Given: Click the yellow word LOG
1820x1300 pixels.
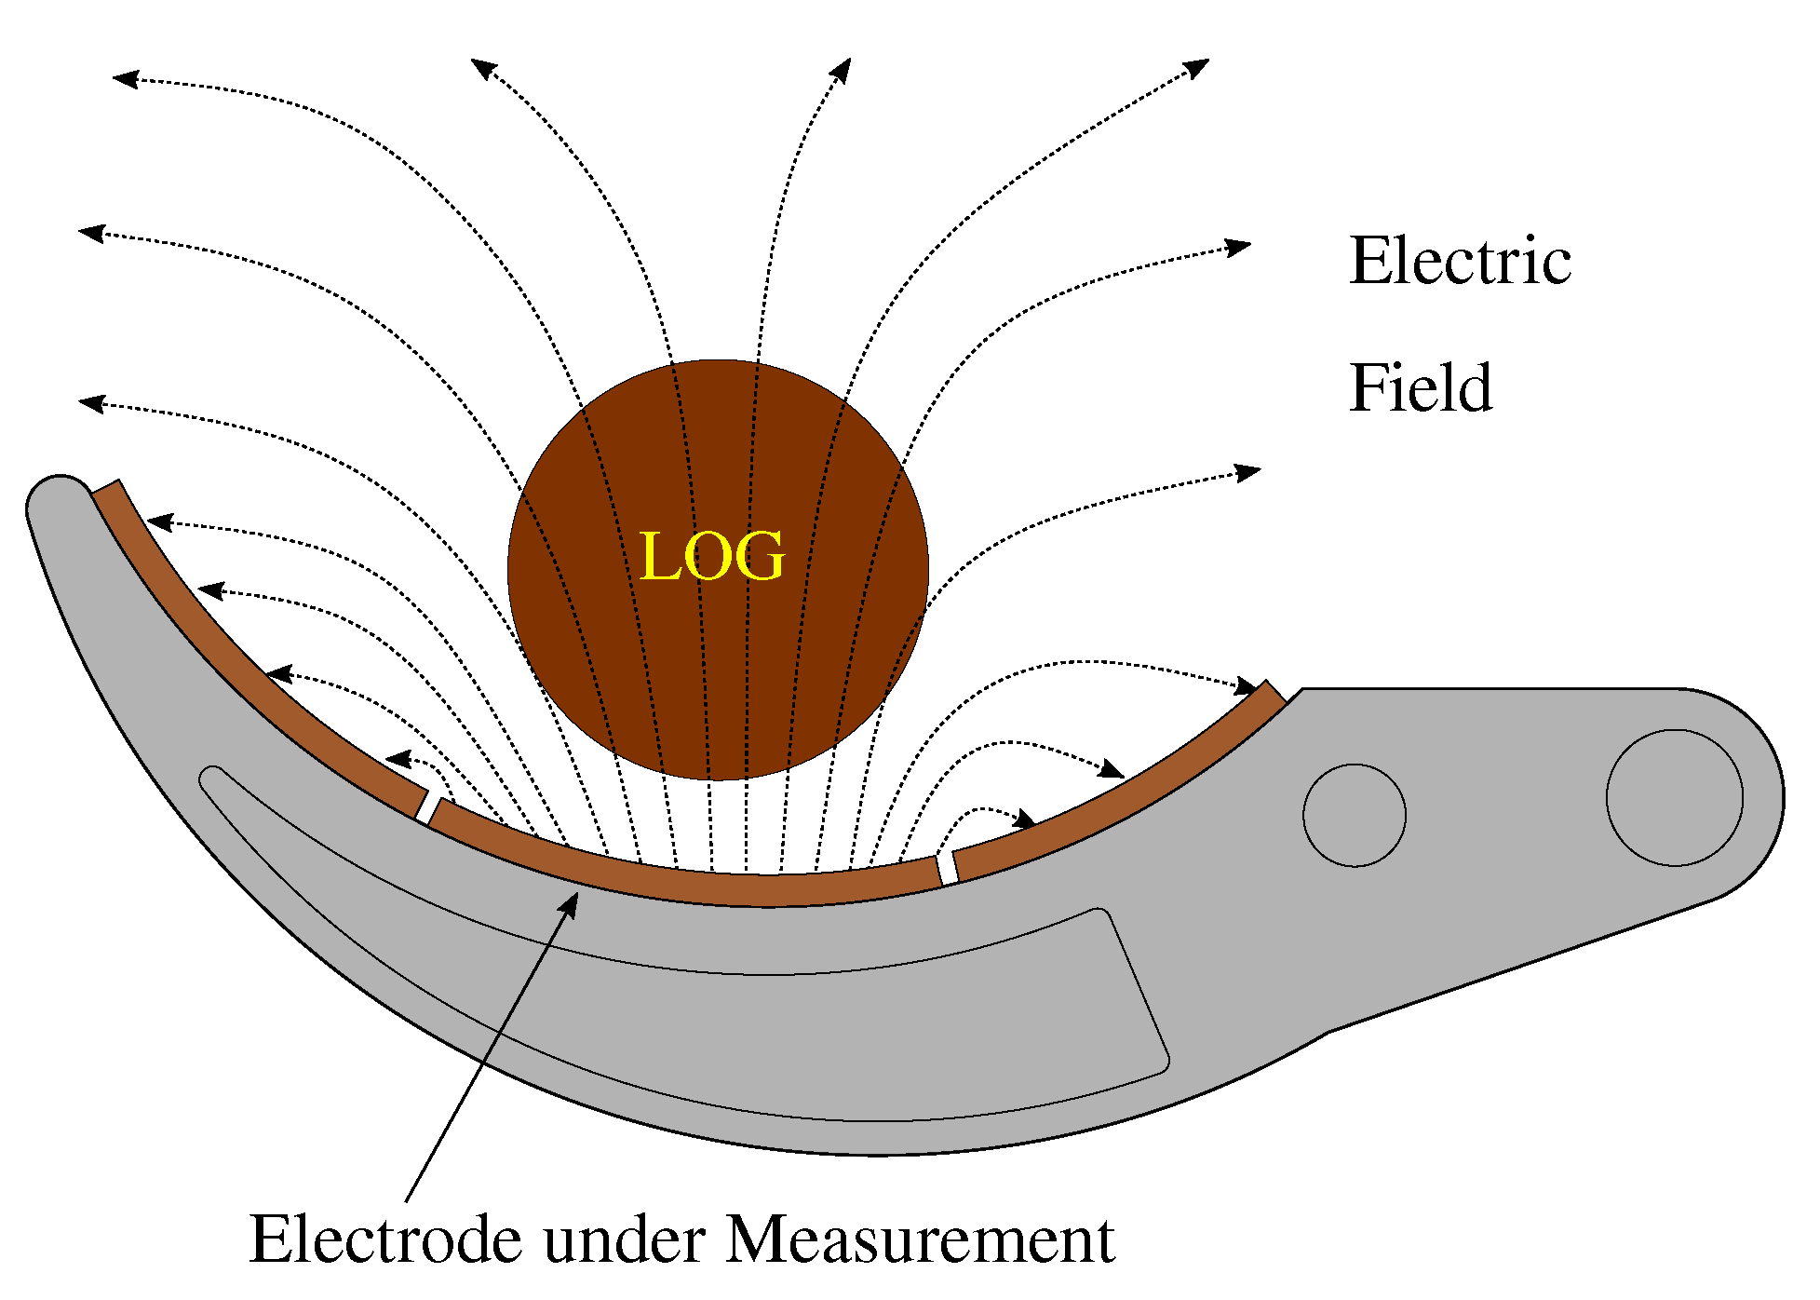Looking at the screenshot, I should (712, 557).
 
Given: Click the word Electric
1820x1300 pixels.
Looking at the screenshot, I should (1459, 262).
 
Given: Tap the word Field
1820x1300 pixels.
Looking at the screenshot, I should (1421, 388).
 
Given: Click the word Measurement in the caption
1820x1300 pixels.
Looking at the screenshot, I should (920, 1240).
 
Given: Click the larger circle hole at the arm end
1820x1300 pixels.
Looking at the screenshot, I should (1673, 798).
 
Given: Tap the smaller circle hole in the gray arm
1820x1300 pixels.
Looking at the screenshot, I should (1354, 816).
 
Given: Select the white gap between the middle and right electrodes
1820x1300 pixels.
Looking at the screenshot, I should (947, 869).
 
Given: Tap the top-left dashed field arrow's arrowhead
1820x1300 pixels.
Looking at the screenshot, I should (124, 79).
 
